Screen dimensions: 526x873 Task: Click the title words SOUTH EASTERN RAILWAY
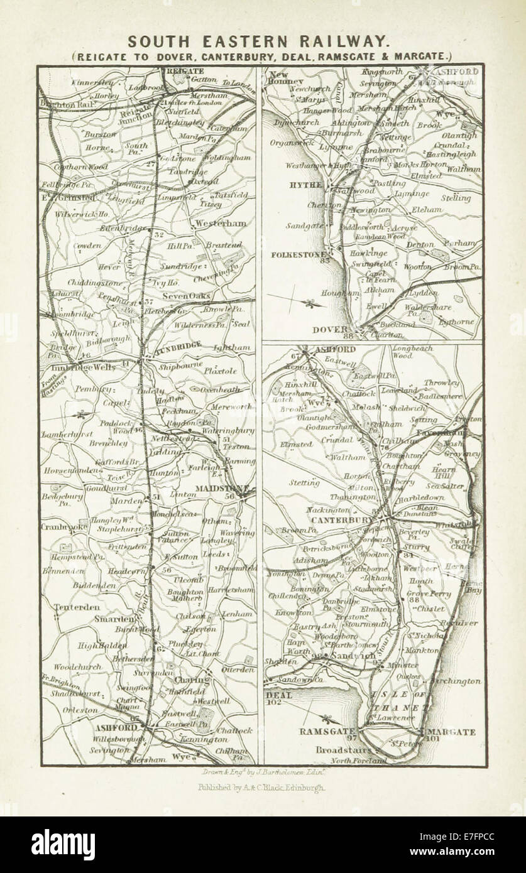tap(258, 41)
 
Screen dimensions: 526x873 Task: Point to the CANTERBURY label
tap(339, 520)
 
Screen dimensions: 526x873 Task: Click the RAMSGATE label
tap(321, 731)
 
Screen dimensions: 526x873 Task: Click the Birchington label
tap(456, 680)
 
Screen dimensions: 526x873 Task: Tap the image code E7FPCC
tap(473, 837)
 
